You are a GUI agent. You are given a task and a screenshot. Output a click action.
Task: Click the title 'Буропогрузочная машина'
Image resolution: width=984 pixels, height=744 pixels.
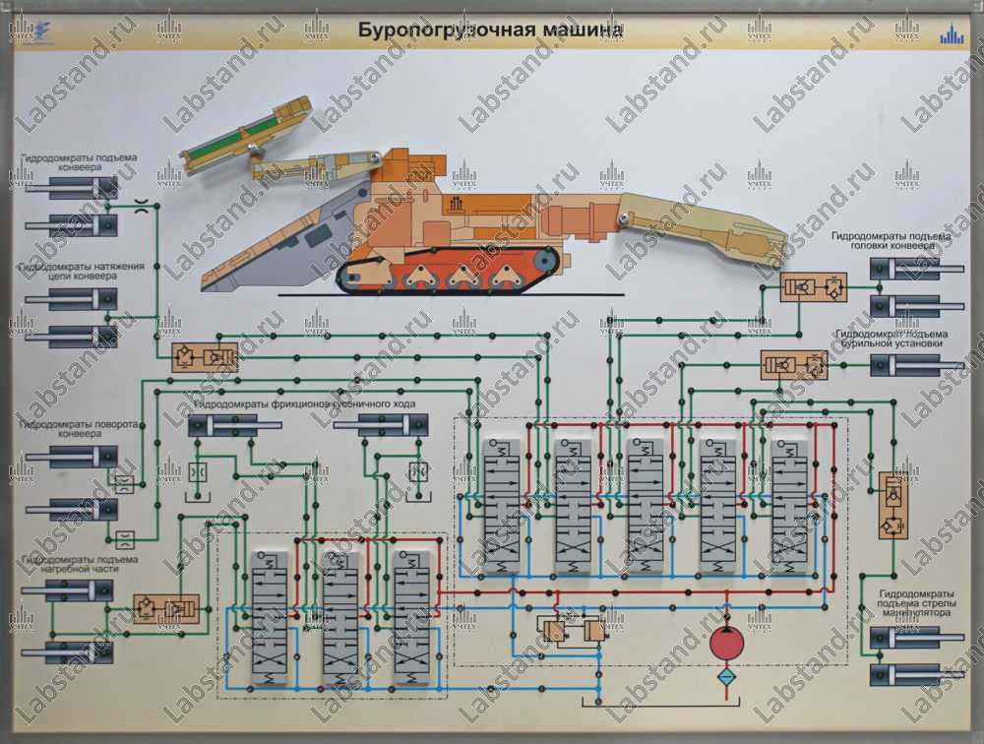coord(489,30)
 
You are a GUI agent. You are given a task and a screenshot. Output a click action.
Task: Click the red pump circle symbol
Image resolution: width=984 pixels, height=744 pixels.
coord(729,646)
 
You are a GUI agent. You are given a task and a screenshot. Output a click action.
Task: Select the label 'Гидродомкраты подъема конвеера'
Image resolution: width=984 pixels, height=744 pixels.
coord(79,161)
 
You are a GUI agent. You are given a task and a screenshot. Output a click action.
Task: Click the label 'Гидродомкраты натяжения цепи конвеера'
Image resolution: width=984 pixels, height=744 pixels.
coord(82,272)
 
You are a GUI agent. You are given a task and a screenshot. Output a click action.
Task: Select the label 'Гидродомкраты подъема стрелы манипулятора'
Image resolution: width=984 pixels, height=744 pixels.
coord(915,603)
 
